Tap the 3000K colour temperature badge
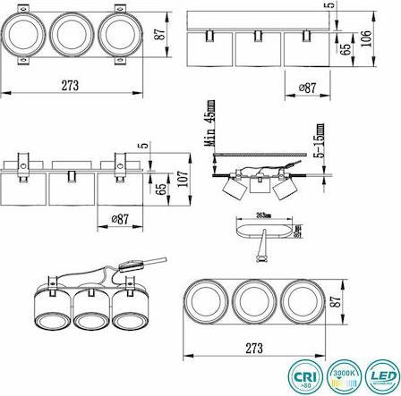coord(346,373)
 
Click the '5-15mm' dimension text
coord(315,140)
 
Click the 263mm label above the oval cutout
coord(262,215)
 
